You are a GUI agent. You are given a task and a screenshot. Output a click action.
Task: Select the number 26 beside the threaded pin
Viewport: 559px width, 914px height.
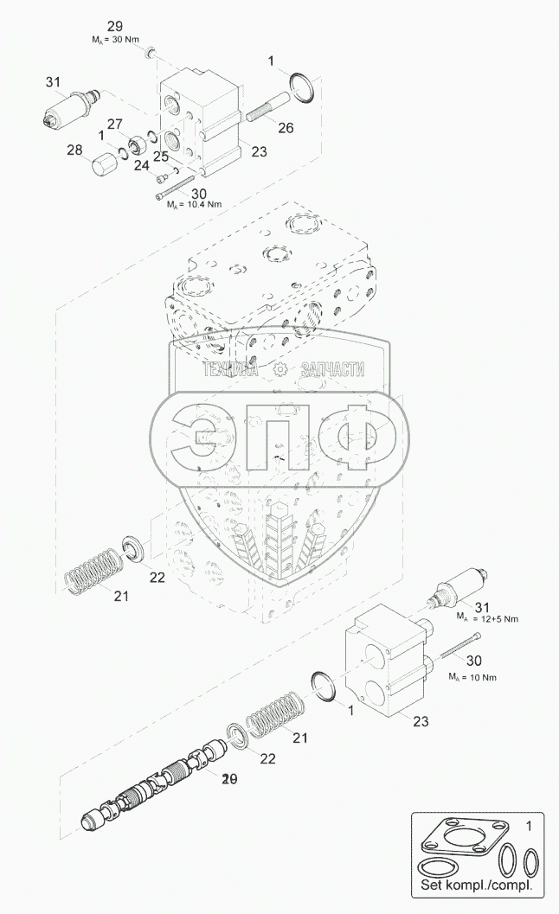286,127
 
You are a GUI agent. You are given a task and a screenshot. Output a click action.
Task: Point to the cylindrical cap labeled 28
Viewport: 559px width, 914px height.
103,162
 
